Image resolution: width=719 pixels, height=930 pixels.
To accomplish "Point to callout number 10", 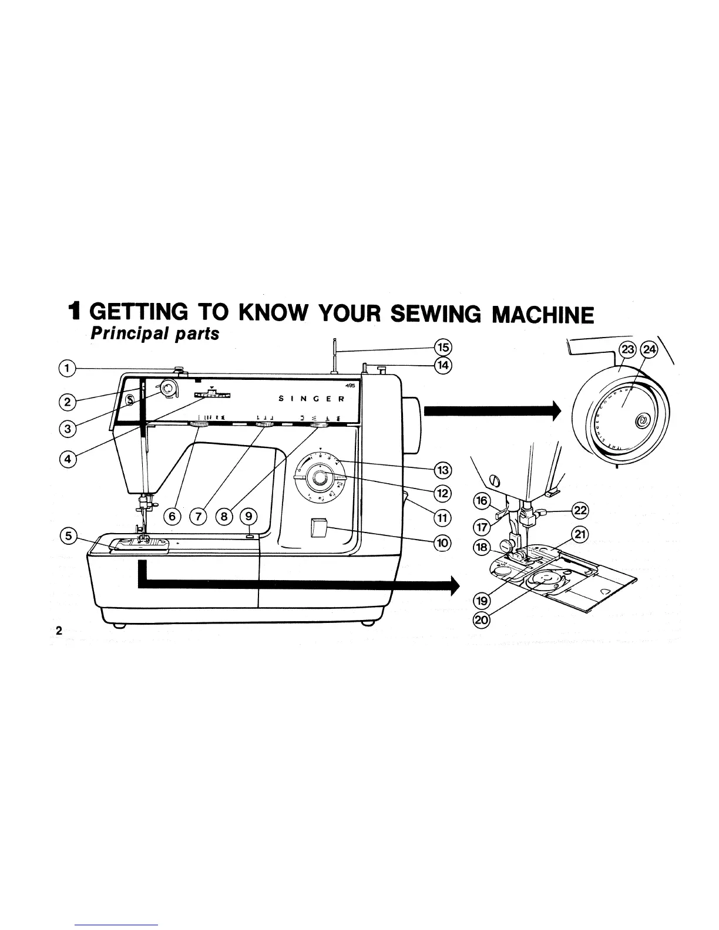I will click(441, 542).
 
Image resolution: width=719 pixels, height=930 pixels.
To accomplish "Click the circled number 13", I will click(441, 470).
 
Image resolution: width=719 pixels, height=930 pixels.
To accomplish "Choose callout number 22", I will click(580, 510).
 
